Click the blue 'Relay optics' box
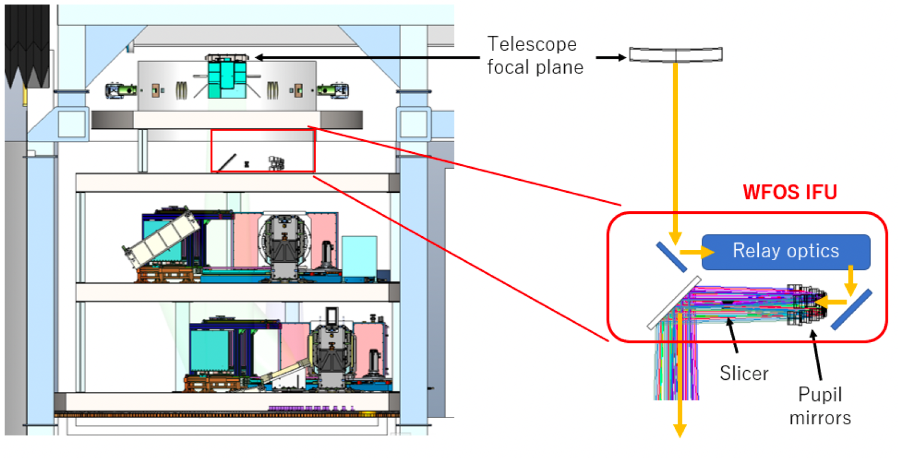pyautogui.click(x=786, y=252)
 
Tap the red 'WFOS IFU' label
pyautogui.click(x=790, y=192)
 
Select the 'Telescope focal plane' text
pyautogui.click(x=535, y=55)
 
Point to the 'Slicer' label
pyautogui.click(x=744, y=373)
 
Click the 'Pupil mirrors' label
pyautogui.click(x=820, y=406)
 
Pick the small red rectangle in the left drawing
pyautogui.click(x=262, y=151)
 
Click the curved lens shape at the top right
pyautogui.click(x=675, y=55)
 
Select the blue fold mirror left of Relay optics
pyautogui.click(x=671, y=257)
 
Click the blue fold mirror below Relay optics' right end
pyautogui.click(x=851, y=309)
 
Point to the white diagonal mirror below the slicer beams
pyautogui.click(x=673, y=303)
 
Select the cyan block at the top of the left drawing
pyautogui.click(x=226, y=80)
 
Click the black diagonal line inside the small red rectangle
pyautogui.click(x=226, y=162)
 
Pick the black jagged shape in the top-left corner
pyautogui.click(x=27, y=46)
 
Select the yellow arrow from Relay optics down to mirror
pyautogui.click(x=851, y=280)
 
